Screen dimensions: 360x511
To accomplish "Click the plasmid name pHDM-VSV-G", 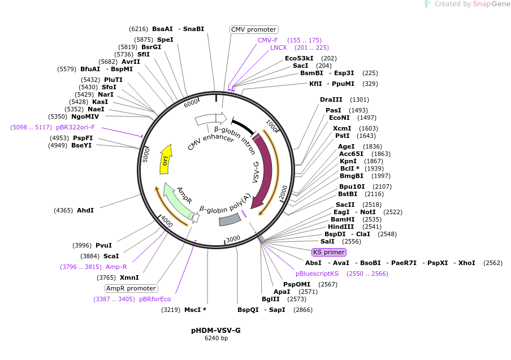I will (215, 330).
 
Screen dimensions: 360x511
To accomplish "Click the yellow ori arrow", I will (165, 160).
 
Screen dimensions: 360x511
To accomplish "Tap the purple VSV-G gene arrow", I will (264, 170).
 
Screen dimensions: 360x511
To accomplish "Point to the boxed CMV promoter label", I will (254, 29).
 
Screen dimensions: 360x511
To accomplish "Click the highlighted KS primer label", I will (328, 252).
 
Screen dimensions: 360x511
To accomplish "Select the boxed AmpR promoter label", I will (131, 288).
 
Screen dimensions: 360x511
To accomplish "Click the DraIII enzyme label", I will (331, 99).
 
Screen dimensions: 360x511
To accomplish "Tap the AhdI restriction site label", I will (85, 210).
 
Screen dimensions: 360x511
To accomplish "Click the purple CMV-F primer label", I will (268, 40).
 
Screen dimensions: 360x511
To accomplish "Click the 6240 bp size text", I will (216, 339).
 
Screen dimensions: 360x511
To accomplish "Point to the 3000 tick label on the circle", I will (233, 238).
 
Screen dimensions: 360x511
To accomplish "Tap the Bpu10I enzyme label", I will (352, 186).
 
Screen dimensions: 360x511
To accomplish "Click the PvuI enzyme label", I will (103, 245).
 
